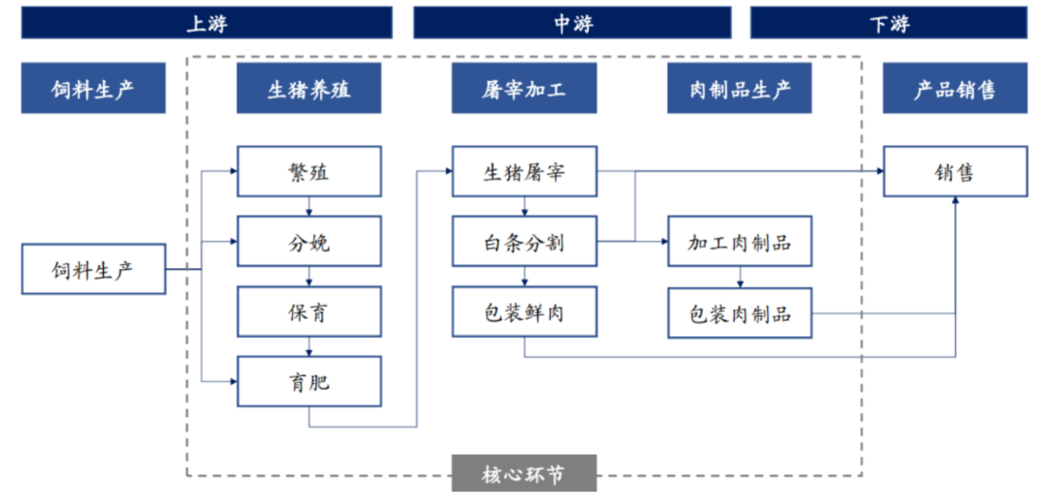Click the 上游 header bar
(x=206, y=22)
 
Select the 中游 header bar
(x=572, y=22)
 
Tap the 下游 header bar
(x=888, y=22)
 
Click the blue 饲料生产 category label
(x=93, y=89)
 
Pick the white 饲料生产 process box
(x=93, y=269)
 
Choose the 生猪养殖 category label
(x=309, y=89)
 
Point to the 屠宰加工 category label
(x=525, y=89)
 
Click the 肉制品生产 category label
(x=740, y=89)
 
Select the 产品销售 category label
(x=956, y=89)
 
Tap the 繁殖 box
(x=309, y=171)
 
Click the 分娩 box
(x=309, y=242)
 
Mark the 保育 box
(x=309, y=312)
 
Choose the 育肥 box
(x=309, y=381)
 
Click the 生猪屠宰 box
(x=525, y=171)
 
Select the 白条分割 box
(x=525, y=242)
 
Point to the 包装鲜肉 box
(x=525, y=312)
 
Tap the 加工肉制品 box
(x=740, y=242)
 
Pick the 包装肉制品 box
(x=740, y=313)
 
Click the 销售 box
(x=956, y=171)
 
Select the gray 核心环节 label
(x=525, y=473)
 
